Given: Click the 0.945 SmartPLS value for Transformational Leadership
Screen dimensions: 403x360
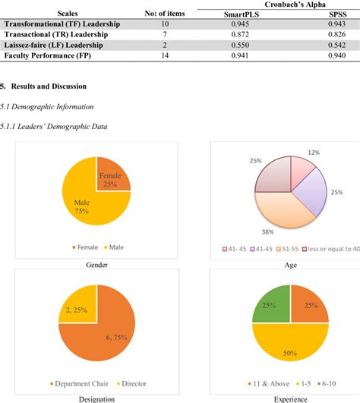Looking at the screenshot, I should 234,24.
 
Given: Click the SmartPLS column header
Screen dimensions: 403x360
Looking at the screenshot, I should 233,14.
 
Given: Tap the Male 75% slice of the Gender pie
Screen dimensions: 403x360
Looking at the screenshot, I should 84,203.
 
